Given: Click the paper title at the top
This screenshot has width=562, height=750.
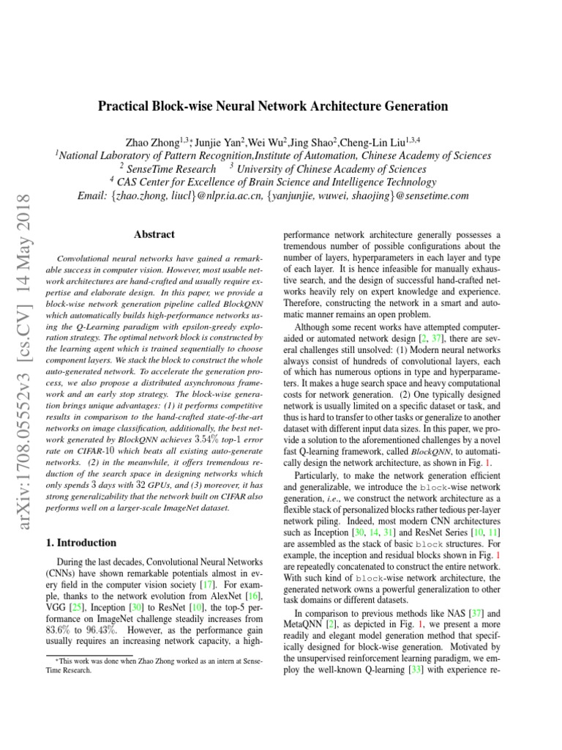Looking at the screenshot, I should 273,106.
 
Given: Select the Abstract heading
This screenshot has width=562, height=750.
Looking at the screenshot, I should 154,234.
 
